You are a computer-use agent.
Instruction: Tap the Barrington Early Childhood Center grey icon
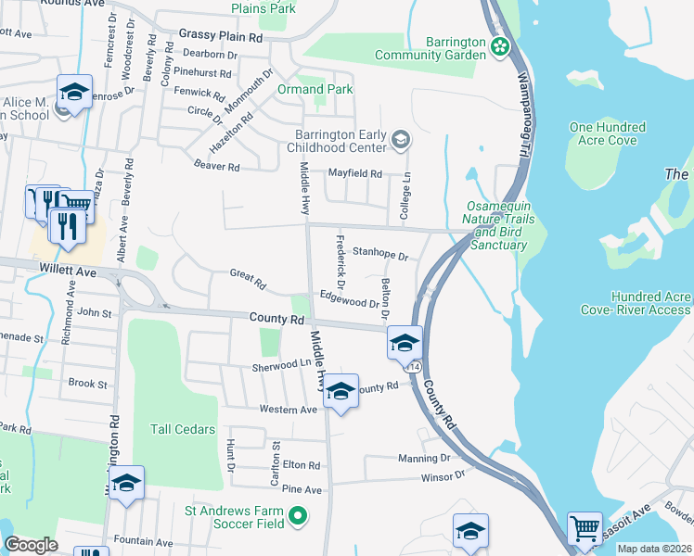[401, 140]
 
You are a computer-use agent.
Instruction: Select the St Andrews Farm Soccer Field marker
[298, 515]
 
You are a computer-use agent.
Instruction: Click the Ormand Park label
[315, 90]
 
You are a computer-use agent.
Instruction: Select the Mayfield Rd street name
[355, 173]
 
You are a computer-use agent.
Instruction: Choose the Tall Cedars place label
[183, 429]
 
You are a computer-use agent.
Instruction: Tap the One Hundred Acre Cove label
[608, 133]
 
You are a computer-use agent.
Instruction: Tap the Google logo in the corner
[32, 544]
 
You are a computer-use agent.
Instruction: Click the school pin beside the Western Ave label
[341, 393]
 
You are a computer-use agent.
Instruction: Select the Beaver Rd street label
[217, 167]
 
